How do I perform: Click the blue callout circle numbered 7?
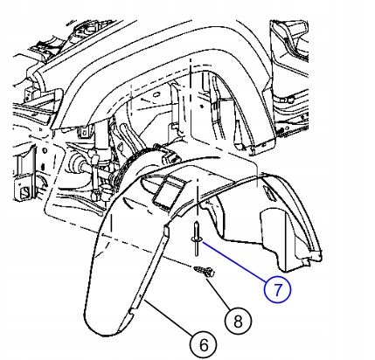point(277,290)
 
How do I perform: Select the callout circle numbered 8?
point(238,322)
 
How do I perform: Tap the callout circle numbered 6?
point(203,345)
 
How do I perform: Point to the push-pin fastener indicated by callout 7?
point(197,239)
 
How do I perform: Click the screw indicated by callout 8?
point(205,272)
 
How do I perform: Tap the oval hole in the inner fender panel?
point(156,94)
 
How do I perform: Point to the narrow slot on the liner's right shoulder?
point(268,194)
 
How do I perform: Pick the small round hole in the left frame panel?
point(45,151)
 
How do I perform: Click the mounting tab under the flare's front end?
point(85,132)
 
